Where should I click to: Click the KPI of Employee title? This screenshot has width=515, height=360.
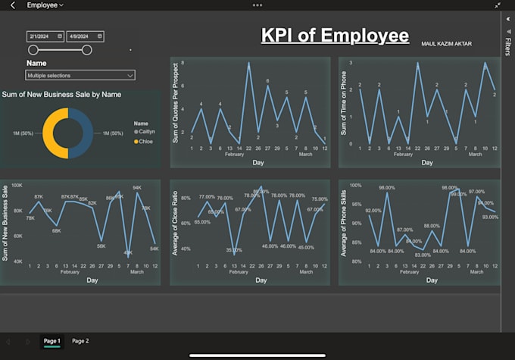[335, 36]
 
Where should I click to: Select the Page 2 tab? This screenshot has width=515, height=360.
[80, 341]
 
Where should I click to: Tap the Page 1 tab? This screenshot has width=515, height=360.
[52, 341]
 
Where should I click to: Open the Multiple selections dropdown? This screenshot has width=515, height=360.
[80, 75]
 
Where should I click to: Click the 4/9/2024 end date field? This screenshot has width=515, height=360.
[85, 36]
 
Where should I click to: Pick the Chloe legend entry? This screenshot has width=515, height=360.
[145, 141]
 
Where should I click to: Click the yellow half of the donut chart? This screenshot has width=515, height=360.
[55, 133]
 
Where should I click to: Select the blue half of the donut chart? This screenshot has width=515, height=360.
[82, 133]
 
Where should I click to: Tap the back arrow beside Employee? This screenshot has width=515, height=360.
[12, 5]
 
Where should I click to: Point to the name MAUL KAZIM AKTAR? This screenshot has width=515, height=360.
[446, 44]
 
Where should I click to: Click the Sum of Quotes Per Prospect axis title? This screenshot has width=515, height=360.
[176, 111]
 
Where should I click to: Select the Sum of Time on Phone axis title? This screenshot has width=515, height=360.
[344, 111]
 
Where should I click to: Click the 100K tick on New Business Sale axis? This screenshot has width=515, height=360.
[17, 185]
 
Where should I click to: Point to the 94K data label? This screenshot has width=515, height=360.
[137, 187]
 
